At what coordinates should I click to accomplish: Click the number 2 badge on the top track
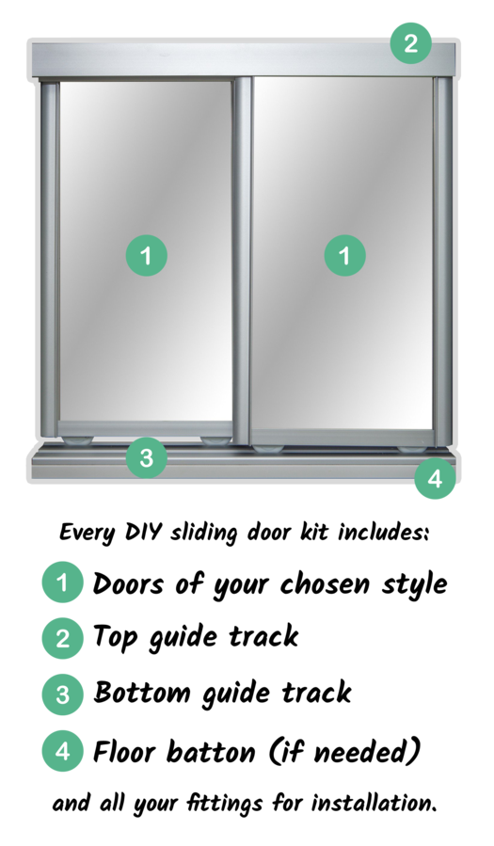(411, 43)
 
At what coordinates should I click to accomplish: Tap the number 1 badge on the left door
(147, 255)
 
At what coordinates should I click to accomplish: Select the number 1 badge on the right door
(345, 255)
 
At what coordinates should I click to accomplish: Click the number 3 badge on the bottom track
(147, 457)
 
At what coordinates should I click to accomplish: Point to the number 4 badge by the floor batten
(436, 479)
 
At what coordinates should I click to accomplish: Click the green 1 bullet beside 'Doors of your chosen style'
(62, 583)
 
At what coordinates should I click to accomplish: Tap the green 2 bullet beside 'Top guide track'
(62, 638)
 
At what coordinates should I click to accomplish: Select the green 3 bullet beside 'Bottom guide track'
(62, 694)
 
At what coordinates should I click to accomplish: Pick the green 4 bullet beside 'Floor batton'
(62, 751)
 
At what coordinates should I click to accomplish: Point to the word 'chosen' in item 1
(326, 583)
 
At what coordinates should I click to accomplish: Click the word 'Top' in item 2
(115, 638)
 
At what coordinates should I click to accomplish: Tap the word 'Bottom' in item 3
(142, 693)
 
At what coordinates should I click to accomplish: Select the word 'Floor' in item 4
(125, 751)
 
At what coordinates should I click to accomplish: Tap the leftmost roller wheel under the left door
(78, 441)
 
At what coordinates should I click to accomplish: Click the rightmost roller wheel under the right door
(412, 449)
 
